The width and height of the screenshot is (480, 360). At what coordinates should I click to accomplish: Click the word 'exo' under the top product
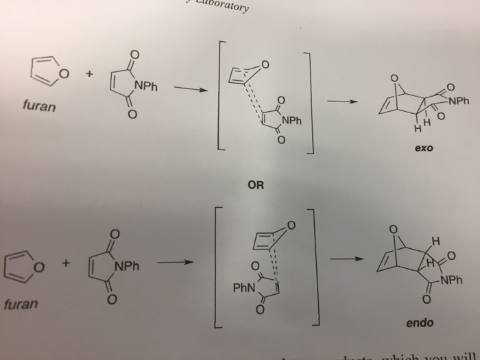[x=424, y=147]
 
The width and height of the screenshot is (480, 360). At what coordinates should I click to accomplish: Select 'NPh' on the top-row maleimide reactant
[x=146, y=86]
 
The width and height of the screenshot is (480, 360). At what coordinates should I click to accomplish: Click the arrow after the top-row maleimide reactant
[x=187, y=88]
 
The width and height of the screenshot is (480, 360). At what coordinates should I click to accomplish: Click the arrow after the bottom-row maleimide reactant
[x=172, y=263]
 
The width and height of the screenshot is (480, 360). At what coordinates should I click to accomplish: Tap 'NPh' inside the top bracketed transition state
[x=290, y=121]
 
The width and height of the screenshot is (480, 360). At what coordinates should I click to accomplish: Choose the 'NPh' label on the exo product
[x=459, y=101]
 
